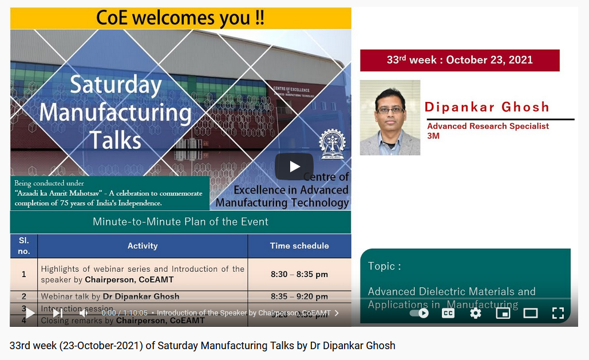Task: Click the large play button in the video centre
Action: (294, 167)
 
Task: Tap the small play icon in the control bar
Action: (30, 313)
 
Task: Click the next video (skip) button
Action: (58, 313)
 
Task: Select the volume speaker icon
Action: (84, 313)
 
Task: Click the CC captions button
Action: (448, 313)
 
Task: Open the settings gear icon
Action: (475, 313)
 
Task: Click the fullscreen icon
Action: (558, 313)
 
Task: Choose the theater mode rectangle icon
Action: (531, 313)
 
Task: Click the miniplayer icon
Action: (503, 313)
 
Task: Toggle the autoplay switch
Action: (420, 313)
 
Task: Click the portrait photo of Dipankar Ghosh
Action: (390, 117)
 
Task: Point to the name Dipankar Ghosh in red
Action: (487, 107)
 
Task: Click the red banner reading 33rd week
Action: (460, 60)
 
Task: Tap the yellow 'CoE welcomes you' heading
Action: (180, 18)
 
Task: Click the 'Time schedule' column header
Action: (299, 246)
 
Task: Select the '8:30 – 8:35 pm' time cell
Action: (299, 274)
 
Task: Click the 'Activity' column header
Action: (143, 246)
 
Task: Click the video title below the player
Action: (202, 346)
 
